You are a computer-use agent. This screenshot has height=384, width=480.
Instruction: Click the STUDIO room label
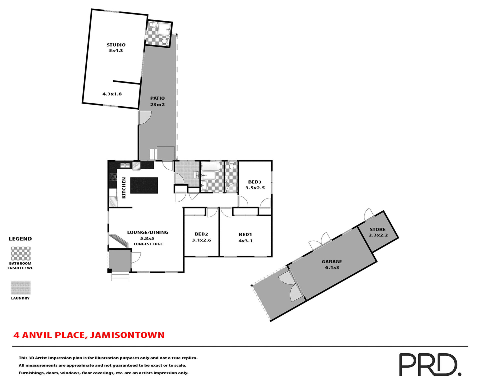(116, 45)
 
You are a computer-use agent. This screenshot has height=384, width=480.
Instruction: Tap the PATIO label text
(157, 98)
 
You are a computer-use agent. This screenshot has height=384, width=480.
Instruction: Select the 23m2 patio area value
(157, 104)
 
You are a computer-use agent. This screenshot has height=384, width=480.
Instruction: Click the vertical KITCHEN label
(124, 188)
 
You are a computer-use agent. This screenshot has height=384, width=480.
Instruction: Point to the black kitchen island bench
(144, 185)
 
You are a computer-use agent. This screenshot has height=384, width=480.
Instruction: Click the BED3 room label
(254, 182)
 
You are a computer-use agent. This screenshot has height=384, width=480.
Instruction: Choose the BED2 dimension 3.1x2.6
(201, 240)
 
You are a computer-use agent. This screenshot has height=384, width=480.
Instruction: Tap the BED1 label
(245, 234)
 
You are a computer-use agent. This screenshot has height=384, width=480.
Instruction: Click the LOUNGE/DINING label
(148, 232)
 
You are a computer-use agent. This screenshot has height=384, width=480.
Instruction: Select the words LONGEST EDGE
(148, 244)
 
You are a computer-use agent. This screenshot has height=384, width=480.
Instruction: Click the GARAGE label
(332, 261)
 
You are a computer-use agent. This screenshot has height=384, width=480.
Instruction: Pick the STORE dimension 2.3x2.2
(378, 235)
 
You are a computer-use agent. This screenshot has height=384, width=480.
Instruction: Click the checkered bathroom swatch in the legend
(20, 253)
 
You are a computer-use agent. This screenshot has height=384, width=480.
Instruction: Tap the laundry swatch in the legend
(20, 287)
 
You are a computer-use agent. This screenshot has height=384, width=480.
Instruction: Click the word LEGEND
(20, 239)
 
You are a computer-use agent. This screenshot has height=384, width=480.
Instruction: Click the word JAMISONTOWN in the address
(127, 335)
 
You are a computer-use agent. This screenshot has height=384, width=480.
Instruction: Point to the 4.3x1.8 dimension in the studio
(112, 94)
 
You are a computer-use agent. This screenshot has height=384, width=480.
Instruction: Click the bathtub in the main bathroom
(210, 166)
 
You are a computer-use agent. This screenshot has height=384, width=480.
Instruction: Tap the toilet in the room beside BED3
(231, 165)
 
